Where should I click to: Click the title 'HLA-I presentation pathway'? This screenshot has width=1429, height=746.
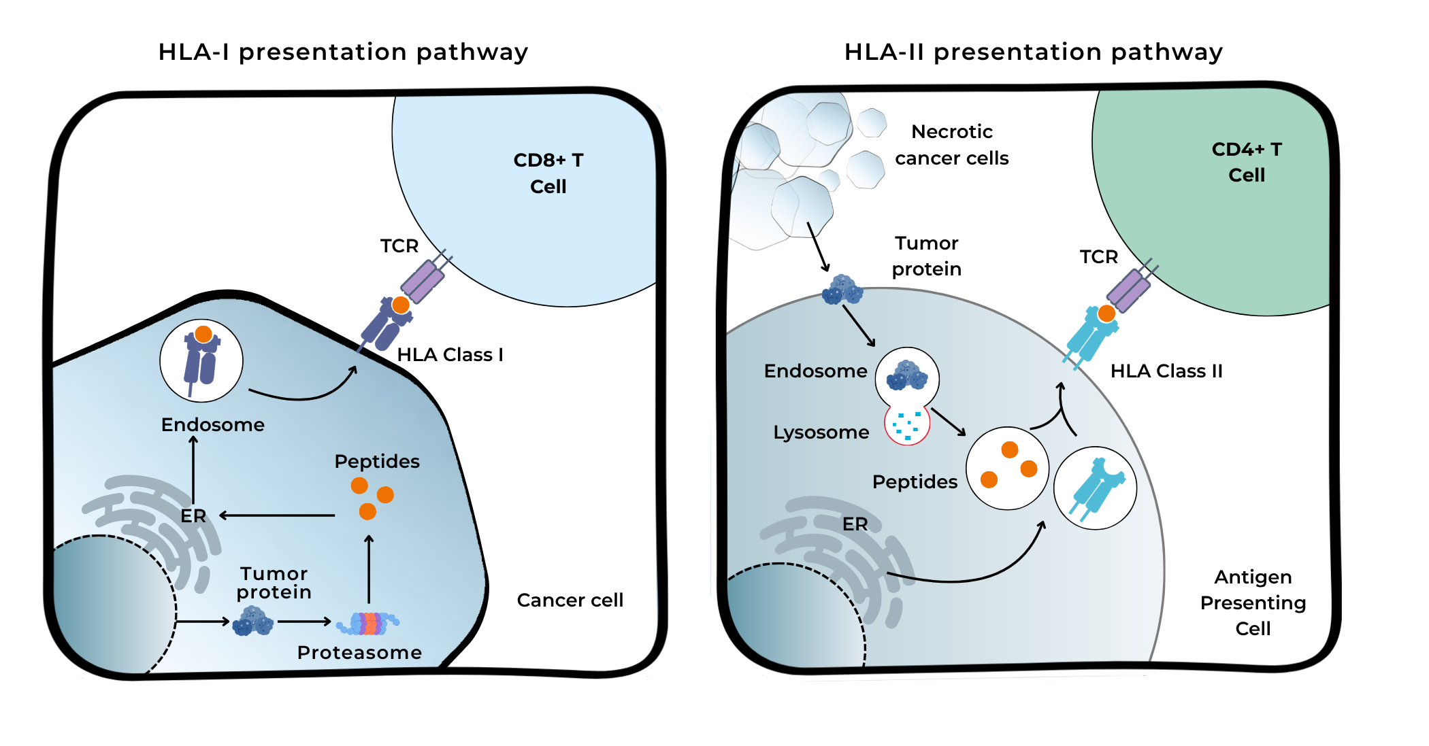click(343, 52)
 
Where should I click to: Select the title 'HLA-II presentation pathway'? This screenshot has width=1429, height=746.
click(1034, 52)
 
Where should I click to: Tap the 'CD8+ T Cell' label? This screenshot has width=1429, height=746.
click(548, 173)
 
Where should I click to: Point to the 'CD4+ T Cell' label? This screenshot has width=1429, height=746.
click(1247, 162)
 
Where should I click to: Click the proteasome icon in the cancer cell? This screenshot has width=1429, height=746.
click(368, 623)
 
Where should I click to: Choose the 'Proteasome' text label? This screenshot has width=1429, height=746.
click(359, 653)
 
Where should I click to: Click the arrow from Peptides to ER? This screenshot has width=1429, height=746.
click(277, 515)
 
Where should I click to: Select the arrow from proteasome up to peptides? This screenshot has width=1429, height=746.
click(369, 569)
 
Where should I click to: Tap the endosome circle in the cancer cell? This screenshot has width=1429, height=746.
click(201, 360)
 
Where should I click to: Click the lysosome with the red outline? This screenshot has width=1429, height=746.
click(907, 424)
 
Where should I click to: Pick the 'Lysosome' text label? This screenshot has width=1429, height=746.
click(821, 433)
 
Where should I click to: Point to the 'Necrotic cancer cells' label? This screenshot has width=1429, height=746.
click(952, 145)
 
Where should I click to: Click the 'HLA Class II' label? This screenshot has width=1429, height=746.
click(1166, 371)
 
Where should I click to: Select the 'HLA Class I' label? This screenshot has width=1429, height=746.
click(450, 355)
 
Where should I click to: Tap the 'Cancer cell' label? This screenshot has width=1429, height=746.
click(570, 600)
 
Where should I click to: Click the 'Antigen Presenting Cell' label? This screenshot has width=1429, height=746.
click(1253, 603)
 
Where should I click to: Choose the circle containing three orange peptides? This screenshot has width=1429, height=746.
click(1008, 469)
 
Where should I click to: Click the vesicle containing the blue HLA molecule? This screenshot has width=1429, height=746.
click(1096, 488)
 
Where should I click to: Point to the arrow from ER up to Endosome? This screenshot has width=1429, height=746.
click(193, 469)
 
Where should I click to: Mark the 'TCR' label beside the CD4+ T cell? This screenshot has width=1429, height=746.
click(1099, 257)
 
